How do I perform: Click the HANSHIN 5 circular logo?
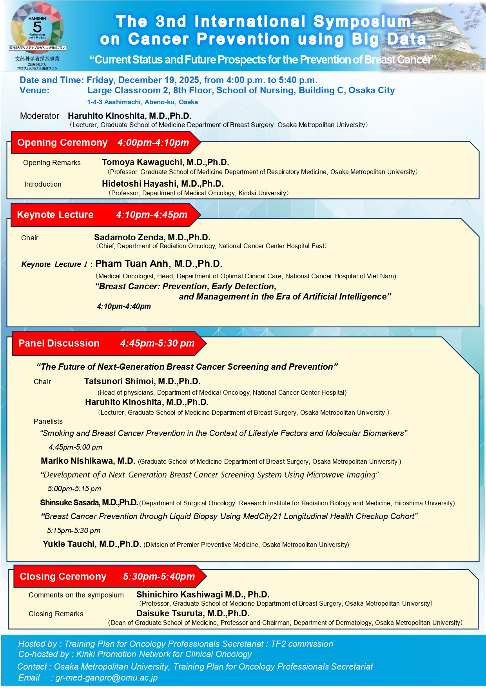pos(37,27)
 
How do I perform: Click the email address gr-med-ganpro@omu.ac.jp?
pos(106,678)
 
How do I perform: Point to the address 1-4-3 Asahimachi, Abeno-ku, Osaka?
pos(142,102)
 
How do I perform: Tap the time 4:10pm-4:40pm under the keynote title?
pos(124,307)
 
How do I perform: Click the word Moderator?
pos(40,116)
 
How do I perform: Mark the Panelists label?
pos(48,421)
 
